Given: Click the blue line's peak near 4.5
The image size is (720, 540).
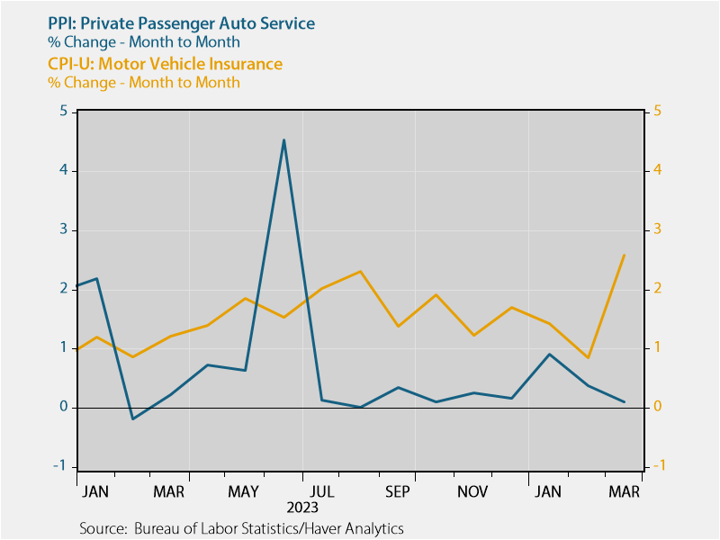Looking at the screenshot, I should [283, 140].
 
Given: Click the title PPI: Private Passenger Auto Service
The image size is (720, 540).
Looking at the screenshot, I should [168, 23].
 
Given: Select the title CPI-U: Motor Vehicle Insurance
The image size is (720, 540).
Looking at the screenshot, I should [165, 64].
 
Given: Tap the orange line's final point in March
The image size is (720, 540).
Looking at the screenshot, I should [625, 255].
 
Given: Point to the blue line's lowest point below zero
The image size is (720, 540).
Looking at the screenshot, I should [132, 418].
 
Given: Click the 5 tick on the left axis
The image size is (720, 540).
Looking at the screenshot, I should [63, 112].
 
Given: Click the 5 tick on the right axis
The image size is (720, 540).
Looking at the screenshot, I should [658, 112].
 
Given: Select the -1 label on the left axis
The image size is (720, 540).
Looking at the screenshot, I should [61, 465].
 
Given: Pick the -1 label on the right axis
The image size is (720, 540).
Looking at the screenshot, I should [660, 465].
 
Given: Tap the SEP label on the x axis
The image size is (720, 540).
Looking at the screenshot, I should [397, 491].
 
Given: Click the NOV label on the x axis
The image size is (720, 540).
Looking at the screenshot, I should [472, 491].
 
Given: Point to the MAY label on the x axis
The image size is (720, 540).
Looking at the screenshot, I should [245, 491].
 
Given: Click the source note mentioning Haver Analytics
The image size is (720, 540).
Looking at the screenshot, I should [241, 528].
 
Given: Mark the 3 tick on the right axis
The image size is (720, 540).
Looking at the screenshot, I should [658, 229].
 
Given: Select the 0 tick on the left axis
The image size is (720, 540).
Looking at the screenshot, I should [63, 407].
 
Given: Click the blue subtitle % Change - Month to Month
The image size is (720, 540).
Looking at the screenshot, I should [144, 42].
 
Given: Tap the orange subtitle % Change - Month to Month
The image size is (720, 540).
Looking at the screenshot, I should [144, 83].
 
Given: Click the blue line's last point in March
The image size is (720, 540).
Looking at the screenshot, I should [625, 401].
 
